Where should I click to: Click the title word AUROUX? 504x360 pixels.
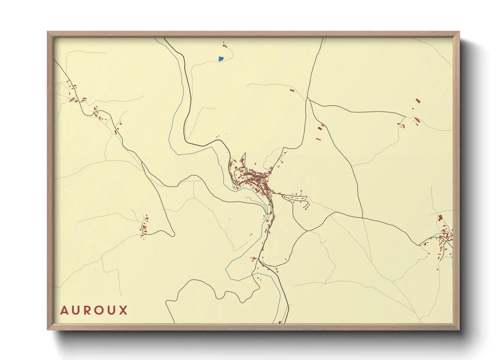pos(94,310)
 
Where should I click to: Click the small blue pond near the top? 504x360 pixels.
pos(221,59)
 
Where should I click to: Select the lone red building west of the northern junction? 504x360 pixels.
pos(292,90)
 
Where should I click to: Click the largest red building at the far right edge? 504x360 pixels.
pos(440,217)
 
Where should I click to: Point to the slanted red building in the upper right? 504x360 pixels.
pos(418,101)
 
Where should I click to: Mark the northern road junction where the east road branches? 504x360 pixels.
pos(308,98)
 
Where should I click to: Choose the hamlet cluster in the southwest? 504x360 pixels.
pos(144,227)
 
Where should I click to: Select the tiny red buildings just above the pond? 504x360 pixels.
pos(224,45)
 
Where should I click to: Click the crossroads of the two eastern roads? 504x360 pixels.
pos(362,218)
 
